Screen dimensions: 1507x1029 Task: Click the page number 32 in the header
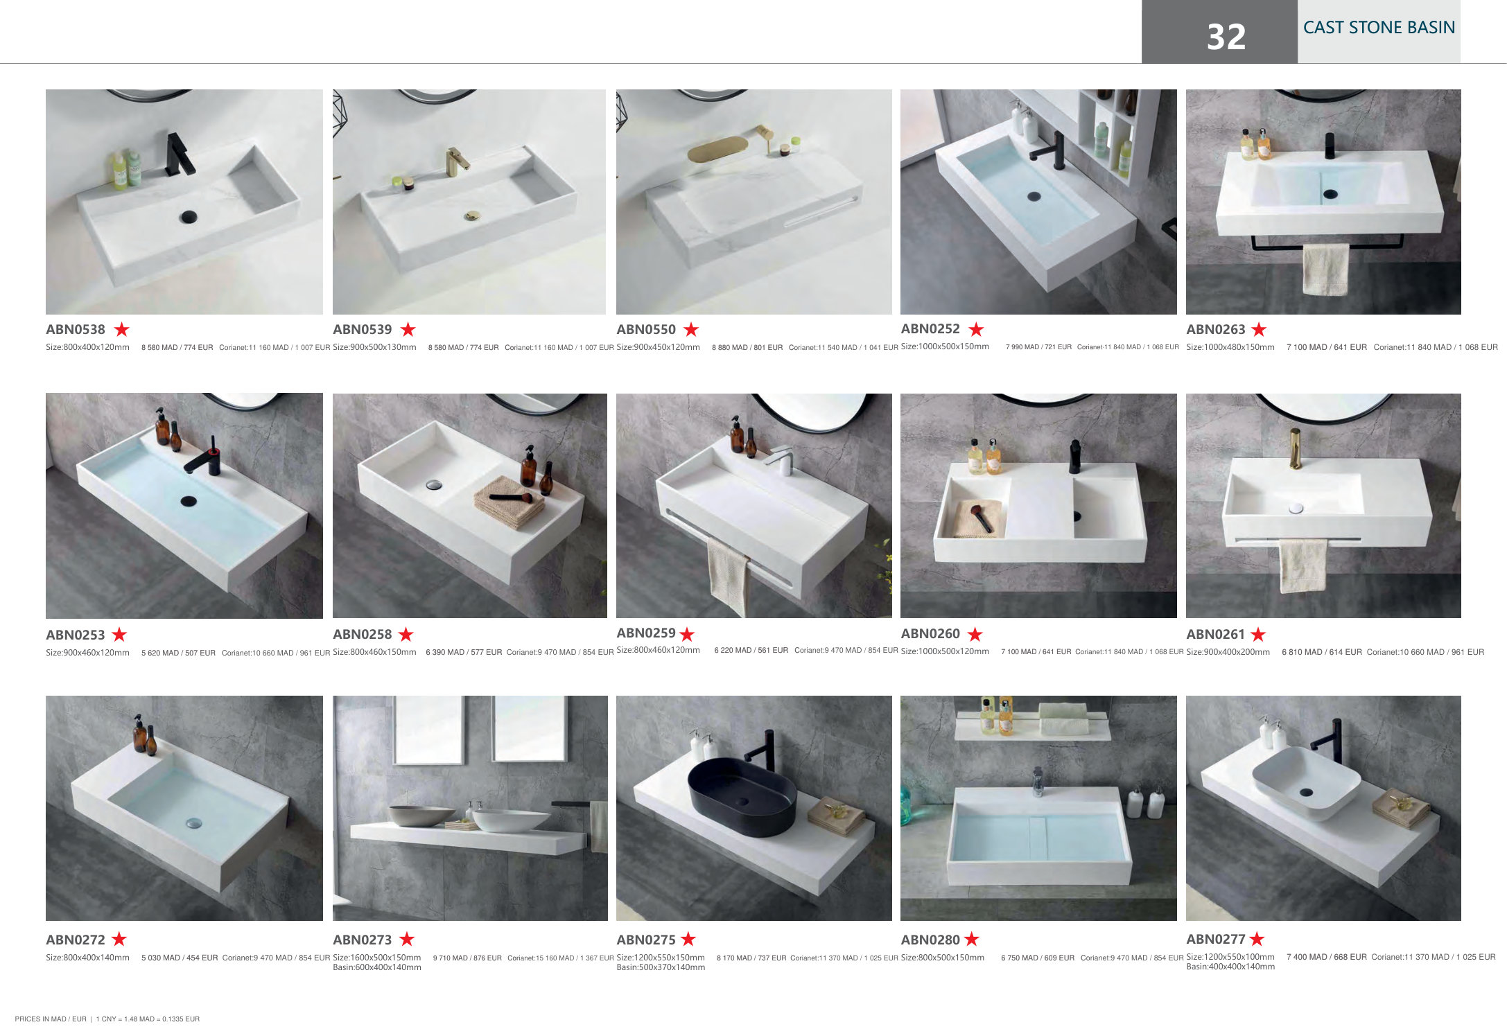(1226, 36)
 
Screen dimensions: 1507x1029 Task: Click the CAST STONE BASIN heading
(1379, 27)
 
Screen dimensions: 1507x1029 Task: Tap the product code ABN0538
(76, 329)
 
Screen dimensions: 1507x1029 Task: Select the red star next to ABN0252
(976, 328)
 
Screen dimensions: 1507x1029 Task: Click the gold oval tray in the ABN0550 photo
(717, 148)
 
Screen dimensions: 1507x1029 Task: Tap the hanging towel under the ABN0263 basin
(1325, 269)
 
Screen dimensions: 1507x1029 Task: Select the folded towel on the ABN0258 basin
(509, 502)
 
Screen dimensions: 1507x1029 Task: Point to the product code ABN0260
(930, 633)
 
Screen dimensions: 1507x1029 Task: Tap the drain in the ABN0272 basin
(193, 823)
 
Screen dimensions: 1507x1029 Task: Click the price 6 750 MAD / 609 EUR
(1038, 958)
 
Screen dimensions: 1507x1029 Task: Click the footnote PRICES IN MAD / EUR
(51, 1019)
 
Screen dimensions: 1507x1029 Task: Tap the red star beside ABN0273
(407, 939)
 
